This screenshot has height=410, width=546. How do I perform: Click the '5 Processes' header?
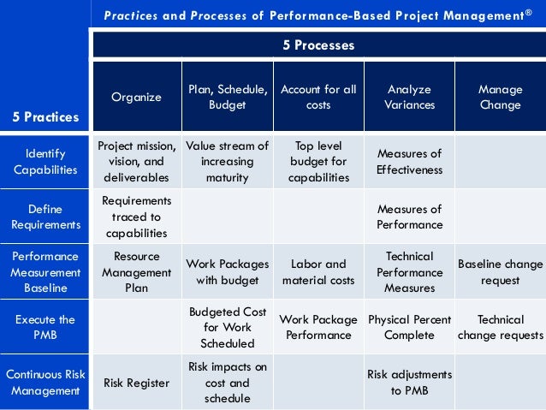coord(318,45)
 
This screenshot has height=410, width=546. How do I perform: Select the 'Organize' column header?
coord(137,97)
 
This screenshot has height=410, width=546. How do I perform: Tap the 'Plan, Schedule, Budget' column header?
coord(228,97)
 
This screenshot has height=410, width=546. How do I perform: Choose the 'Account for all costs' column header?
coord(318,97)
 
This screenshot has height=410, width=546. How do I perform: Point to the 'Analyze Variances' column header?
coord(409,97)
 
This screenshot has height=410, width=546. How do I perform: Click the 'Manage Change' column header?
coord(500,97)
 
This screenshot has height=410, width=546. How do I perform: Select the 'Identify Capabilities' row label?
coord(45,162)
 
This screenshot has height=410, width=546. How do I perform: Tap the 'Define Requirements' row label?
coord(45,217)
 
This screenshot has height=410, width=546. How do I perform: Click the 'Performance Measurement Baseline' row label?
coord(45,272)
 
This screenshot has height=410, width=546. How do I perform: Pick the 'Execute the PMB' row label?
coord(45,327)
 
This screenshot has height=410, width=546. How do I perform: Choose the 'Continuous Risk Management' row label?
coord(45,383)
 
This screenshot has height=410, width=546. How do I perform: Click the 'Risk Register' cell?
coord(137,383)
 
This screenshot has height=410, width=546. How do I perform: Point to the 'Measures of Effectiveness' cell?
coord(409,162)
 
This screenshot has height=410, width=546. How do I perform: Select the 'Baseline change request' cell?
coord(500,272)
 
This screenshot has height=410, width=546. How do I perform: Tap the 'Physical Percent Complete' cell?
coord(409,327)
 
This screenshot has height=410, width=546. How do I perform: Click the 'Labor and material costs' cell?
coord(318,272)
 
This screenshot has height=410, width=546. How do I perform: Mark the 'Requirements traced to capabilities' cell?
coord(137,217)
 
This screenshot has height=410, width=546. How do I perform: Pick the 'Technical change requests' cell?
coord(500,327)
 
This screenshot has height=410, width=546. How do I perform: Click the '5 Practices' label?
coord(45,117)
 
